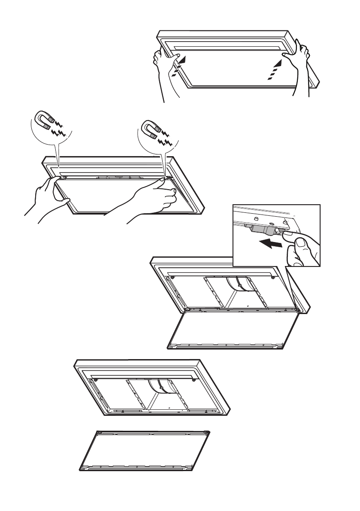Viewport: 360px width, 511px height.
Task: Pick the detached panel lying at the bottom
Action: pos(145,451)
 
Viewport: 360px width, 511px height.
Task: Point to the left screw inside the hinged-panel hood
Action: pos(172,277)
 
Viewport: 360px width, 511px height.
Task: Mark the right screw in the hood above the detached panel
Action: pos(194,379)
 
